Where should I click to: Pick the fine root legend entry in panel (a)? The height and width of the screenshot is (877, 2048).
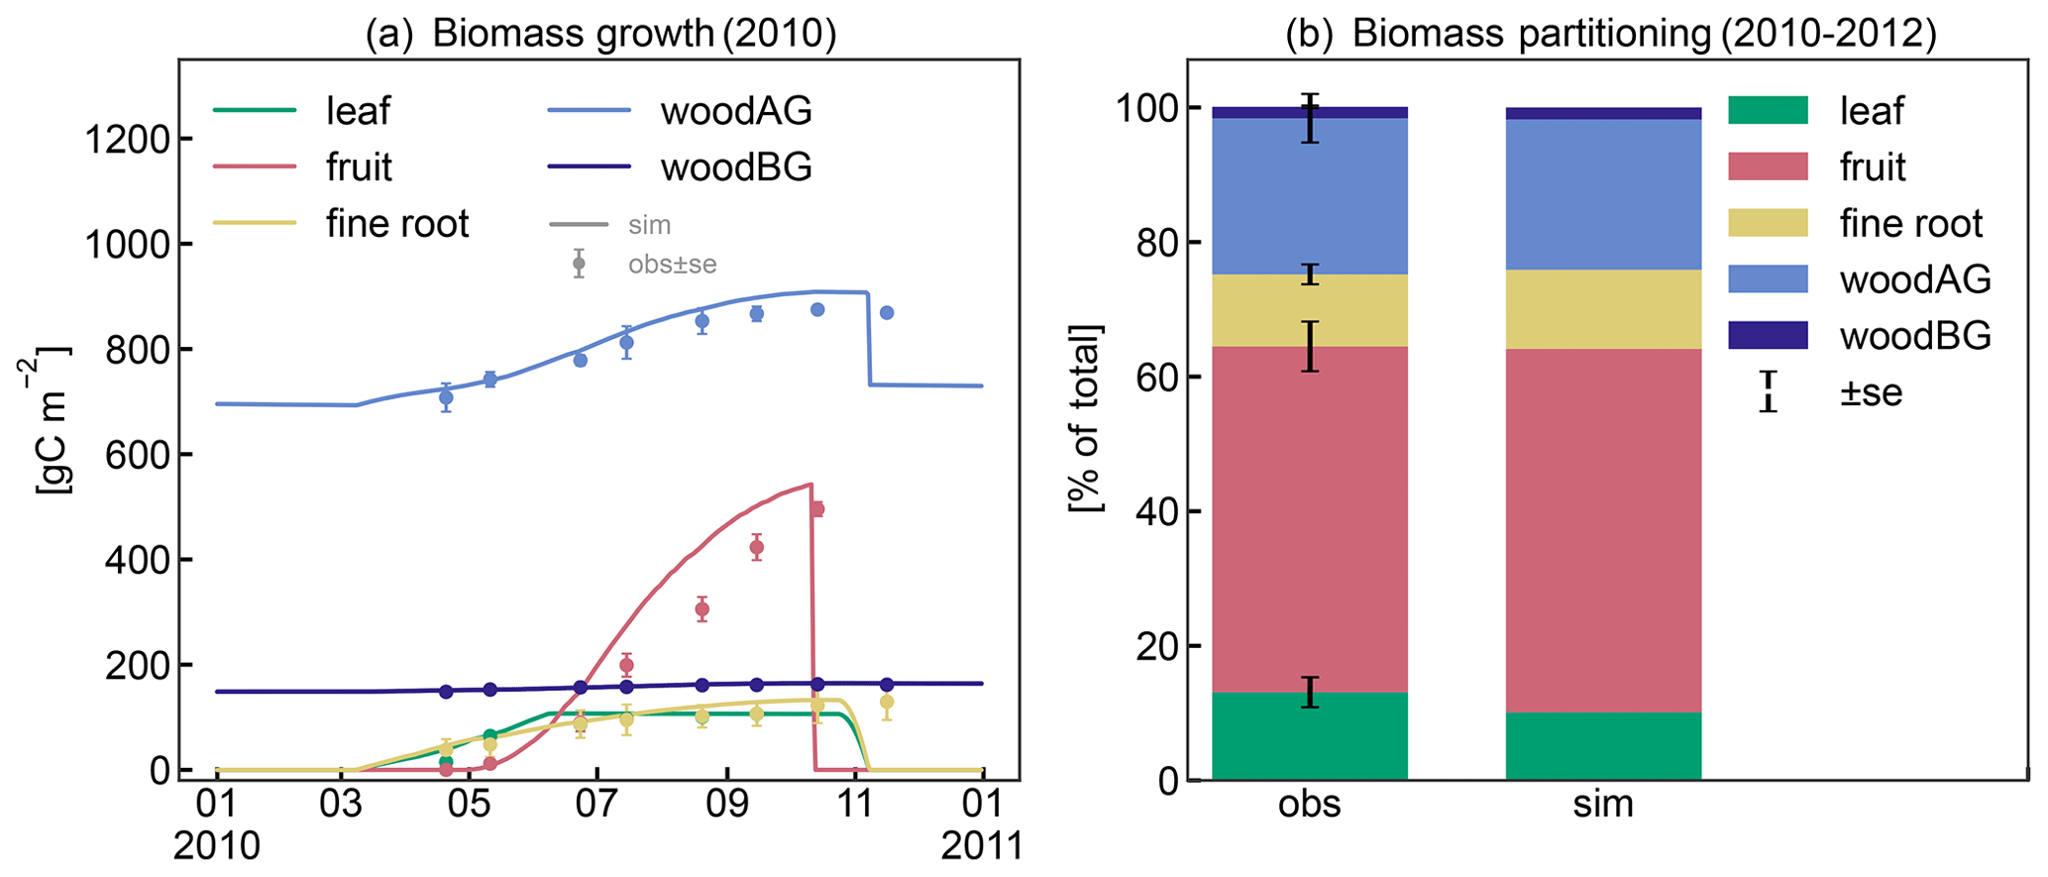(396, 224)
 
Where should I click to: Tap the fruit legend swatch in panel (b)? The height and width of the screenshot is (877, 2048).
(1768, 166)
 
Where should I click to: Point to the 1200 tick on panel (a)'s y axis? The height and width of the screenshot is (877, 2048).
(126, 139)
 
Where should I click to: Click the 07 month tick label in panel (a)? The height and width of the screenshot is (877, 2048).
(596, 804)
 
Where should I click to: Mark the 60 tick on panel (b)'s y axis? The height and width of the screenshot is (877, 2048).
(1148, 378)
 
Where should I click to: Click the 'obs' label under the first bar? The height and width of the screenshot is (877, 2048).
(1309, 804)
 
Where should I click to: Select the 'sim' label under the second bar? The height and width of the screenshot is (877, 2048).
(1603, 804)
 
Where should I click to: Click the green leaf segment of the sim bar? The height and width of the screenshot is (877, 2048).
(1603, 746)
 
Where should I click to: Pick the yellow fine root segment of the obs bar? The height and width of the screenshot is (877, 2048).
(1309, 310)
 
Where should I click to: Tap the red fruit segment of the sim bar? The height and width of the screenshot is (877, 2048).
(1603, 530)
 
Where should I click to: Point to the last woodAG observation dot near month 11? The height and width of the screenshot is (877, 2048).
(887, 312)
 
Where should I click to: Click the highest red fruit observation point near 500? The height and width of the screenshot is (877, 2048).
(817, 509)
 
